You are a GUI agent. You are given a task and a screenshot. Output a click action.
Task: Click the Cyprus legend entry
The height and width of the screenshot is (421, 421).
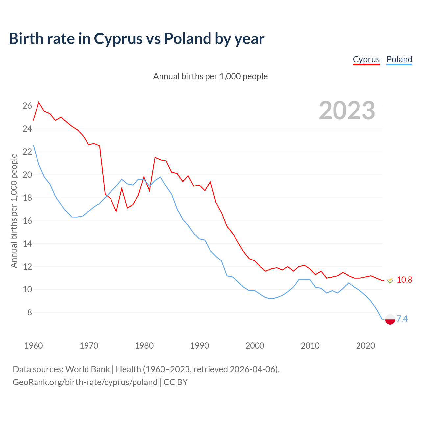[366, 59]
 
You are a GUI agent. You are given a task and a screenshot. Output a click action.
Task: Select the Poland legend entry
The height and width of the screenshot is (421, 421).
[399, 59]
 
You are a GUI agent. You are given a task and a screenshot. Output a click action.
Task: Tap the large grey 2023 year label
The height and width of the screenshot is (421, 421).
[347, 110]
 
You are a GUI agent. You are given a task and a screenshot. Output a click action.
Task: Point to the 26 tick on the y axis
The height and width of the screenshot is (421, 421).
[27, 106]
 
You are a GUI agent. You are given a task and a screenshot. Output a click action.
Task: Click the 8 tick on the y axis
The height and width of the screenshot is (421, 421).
[29, 312]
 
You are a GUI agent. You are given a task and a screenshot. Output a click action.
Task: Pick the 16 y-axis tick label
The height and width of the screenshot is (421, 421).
[27, 221]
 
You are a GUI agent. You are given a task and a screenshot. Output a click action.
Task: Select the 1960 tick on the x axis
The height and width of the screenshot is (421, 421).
[34, 346]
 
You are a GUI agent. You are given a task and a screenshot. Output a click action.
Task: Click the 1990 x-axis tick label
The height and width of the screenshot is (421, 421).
[200, 346]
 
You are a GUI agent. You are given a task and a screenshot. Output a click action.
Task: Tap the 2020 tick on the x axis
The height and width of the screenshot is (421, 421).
[365, 346]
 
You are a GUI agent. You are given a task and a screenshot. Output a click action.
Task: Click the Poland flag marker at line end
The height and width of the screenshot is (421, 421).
[390, 319]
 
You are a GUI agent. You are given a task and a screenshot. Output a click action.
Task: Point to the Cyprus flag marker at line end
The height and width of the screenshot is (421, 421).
[390, 280]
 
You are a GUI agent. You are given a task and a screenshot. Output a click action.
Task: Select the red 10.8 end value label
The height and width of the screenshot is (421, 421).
[404, 280]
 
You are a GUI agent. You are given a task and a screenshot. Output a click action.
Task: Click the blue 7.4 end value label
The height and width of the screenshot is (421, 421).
[402, 319]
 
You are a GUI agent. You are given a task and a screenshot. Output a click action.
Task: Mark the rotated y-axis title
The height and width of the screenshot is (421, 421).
[14, 211]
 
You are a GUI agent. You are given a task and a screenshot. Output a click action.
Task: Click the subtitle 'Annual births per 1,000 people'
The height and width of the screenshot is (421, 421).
[210, 76]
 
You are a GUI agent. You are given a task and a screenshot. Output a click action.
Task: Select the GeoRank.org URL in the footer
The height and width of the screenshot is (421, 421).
[85, 382]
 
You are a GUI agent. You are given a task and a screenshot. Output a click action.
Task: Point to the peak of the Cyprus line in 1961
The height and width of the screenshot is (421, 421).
[39, 102]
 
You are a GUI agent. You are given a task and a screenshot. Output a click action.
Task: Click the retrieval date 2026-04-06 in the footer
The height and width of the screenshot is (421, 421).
[252, 369]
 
